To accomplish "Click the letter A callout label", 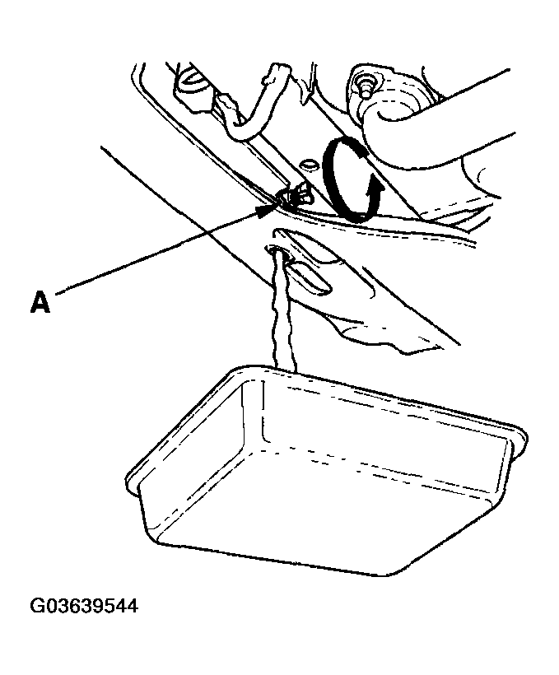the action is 40,302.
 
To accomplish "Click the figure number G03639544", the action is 84,605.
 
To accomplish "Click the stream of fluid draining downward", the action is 282,310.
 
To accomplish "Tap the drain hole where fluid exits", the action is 278,251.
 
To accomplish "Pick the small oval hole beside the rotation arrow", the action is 308,164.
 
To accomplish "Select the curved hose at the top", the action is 255,104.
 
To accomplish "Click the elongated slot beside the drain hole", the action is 310,279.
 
